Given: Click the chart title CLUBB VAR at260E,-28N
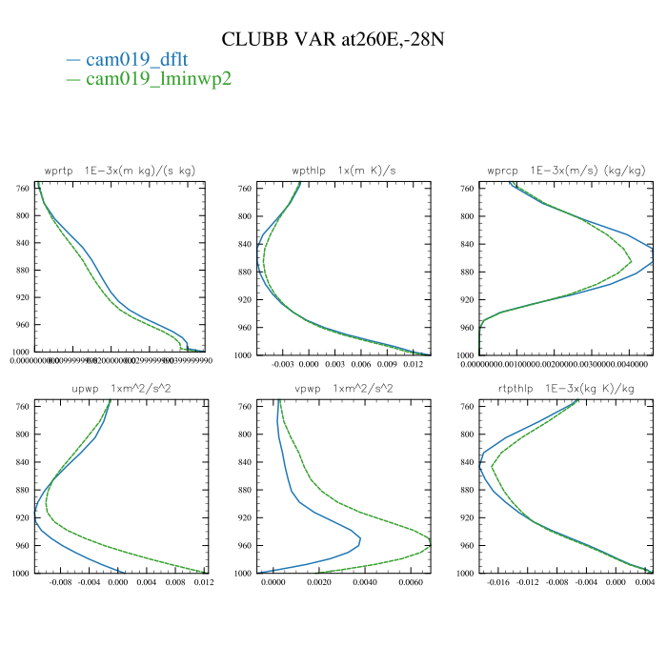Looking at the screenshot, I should coord(333,39).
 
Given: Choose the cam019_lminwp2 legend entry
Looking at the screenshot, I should coord(158,79).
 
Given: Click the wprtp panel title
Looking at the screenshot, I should coord(120,171).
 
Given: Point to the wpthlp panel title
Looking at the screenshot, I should coord(345,171).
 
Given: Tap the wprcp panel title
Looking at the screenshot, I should coord(566,171).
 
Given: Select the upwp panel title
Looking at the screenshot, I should coord(120,389).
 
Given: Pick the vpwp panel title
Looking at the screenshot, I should coord(345,389).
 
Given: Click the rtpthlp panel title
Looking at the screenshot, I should coord(566,389).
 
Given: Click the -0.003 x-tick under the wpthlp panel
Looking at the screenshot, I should coord(283,365).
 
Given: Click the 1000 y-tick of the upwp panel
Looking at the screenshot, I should coord(21,574).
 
